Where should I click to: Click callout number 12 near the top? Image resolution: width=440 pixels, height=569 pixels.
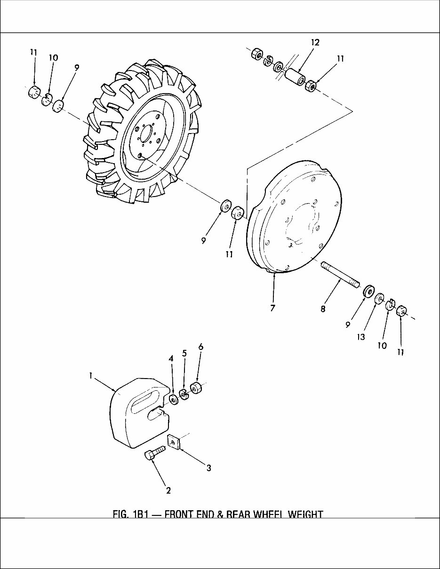(x=315, y=42)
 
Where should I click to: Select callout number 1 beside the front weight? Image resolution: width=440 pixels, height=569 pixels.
(x=91, y=376)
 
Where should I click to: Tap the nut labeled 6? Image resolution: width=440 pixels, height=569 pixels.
(x=196, y=388)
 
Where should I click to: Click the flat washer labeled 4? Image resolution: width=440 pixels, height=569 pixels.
(x=173, y=400)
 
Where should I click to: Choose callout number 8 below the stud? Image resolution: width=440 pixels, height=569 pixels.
(x=322, y=309)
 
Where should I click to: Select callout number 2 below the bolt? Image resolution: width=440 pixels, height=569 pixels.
(x=168, y=490)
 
